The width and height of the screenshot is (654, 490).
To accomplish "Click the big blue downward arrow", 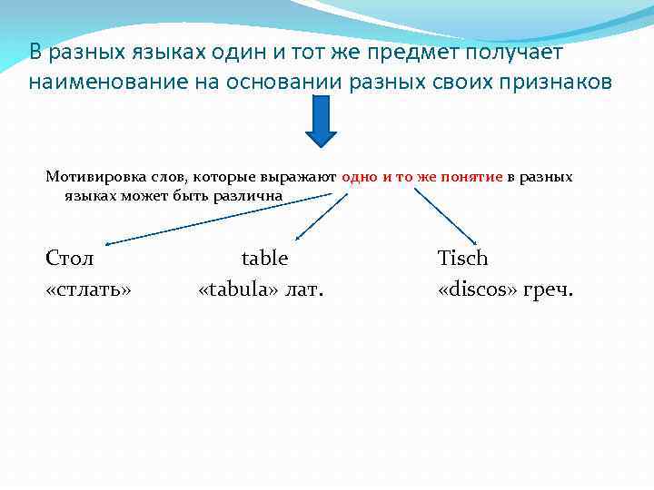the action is click(x=321, y=121).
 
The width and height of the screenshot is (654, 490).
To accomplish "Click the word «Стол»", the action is click(x=70, y=259).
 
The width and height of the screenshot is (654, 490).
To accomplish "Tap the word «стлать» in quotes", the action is click(x=88, y=290).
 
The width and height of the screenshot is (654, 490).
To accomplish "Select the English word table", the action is click(x=264, y=259).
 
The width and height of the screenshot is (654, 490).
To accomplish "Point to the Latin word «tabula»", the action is click(x=238, y=290).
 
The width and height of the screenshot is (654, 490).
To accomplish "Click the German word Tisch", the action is click(x=462, y=259).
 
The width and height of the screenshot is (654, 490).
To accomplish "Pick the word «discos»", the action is click(x=478, y=290).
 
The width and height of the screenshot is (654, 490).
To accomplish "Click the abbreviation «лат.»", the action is click(x=306, y=290).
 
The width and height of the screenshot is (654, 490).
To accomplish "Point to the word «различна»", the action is click(x=253, y=195).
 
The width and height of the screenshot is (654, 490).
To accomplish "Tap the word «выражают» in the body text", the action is click(x=305, y=177).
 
